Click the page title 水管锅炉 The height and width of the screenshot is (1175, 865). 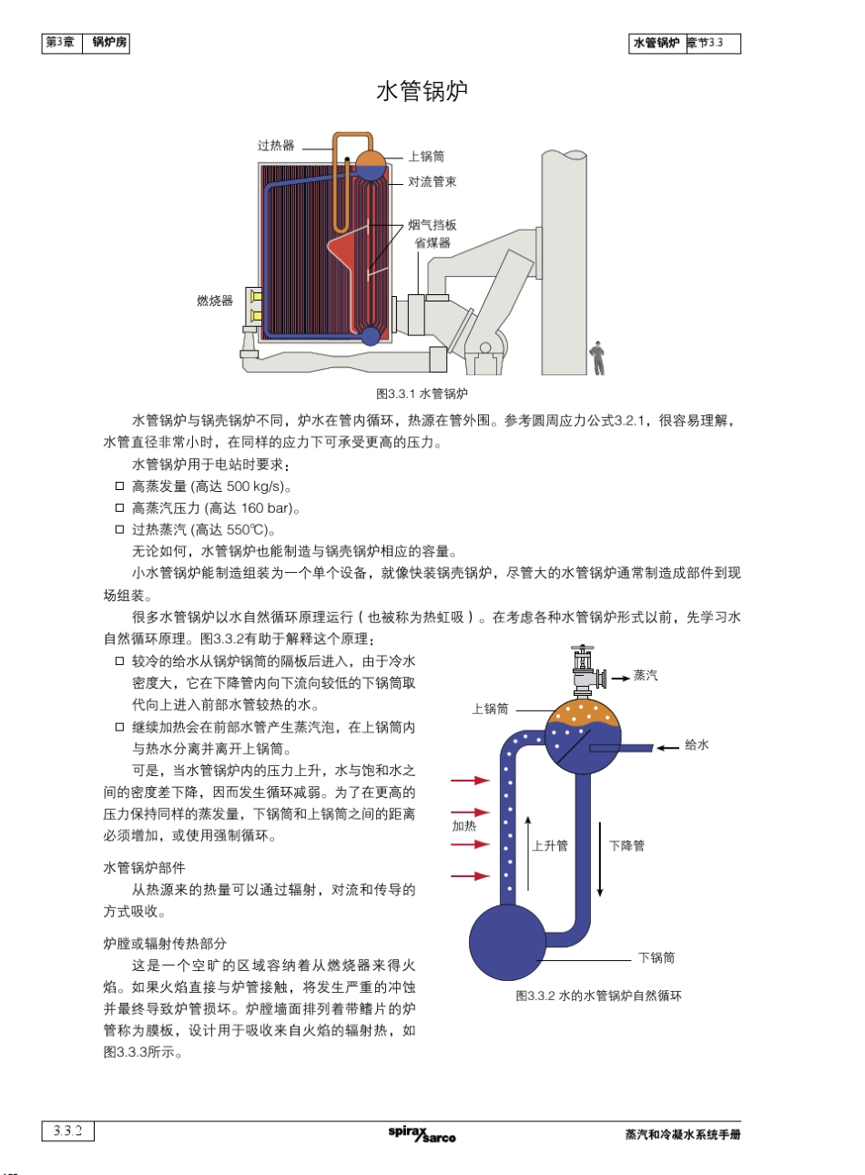point(422,91)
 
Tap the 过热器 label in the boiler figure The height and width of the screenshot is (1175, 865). point(276,146)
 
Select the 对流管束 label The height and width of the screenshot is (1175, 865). point(432,182)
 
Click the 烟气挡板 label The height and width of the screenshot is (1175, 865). point(432,225)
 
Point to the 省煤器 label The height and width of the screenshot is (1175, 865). point(432,242)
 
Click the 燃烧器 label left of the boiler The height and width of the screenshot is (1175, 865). point(215,301)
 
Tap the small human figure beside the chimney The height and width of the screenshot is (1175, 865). point(597,358)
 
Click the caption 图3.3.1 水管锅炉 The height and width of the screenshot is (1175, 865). point(422,393)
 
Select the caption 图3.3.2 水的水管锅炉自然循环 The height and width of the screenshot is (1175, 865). point(598,996)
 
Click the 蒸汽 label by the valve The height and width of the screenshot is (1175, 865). point(646,676)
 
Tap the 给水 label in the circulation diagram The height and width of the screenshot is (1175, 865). point(697,745)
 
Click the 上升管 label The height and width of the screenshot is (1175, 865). point(550,845)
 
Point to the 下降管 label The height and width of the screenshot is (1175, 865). point(626,845)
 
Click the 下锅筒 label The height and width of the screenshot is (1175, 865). point(656,957)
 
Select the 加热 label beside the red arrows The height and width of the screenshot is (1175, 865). point(464,826)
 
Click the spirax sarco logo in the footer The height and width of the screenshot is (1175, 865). point(422,1134)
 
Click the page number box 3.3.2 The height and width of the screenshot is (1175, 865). point(67,1131)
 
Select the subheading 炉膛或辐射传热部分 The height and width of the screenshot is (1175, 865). point(165,944)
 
